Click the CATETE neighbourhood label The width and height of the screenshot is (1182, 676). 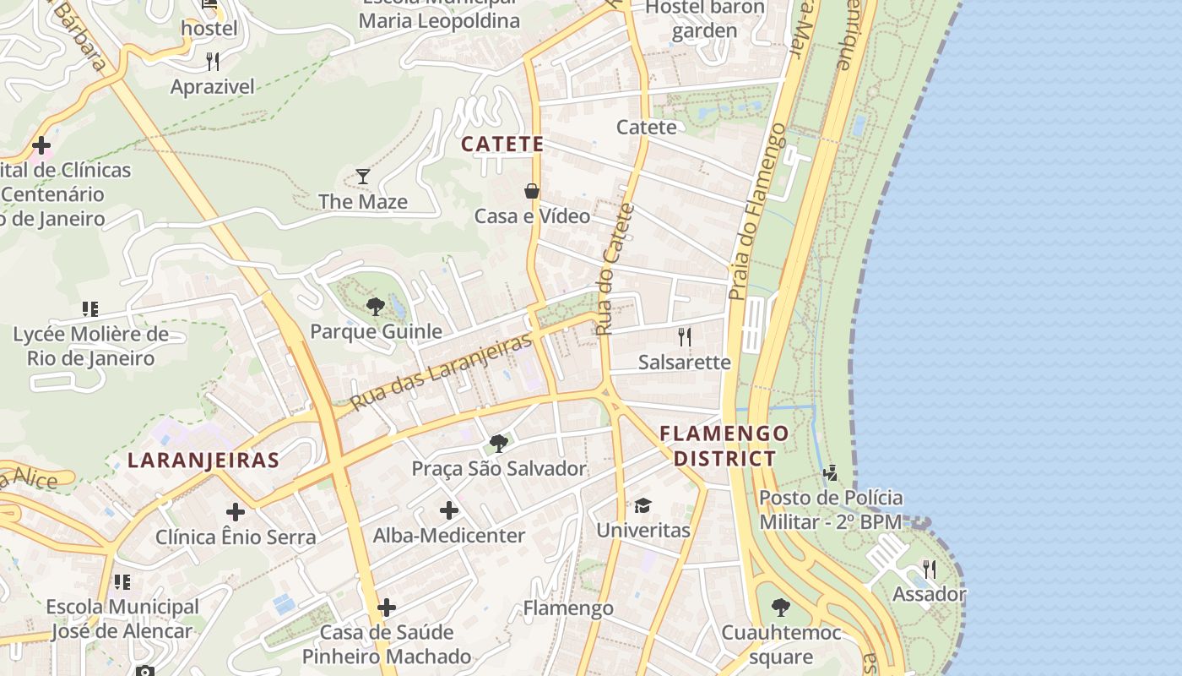502,144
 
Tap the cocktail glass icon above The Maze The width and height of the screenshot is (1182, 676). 363,177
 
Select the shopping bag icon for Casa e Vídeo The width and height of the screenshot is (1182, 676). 532,191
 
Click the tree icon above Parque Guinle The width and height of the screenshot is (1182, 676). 376,307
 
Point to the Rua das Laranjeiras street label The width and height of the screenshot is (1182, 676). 442,371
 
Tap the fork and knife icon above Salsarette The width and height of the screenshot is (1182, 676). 685,337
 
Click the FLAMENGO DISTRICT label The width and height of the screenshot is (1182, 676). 724,446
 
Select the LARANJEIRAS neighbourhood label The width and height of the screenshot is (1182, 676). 203,460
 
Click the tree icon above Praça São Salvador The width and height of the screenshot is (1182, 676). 499,444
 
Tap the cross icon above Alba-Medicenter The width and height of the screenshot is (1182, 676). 449,510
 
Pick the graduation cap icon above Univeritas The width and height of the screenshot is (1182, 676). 643,505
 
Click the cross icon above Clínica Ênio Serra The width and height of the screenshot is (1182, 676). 236,511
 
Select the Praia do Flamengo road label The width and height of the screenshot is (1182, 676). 757,211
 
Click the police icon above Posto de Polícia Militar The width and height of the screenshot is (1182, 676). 831,472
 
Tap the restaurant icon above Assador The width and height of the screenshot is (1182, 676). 930,569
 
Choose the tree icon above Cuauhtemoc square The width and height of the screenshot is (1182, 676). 781,607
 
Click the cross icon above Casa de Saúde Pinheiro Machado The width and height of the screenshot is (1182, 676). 387,607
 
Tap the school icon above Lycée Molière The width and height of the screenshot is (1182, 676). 90,309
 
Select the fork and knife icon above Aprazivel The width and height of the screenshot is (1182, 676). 213,61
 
